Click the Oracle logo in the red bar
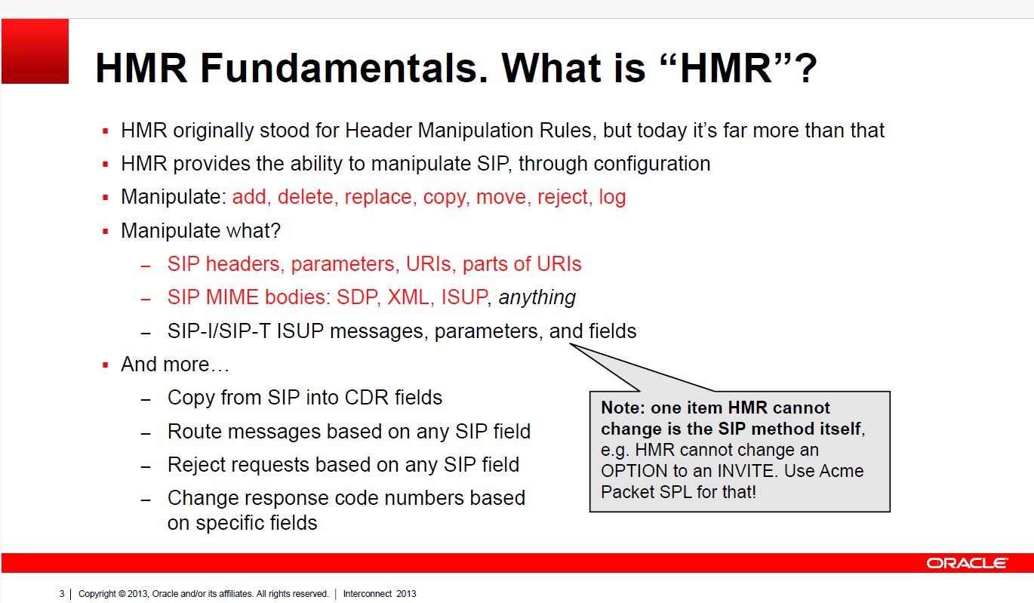[967, 563]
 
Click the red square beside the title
[35, 51]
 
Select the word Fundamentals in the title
[343, 68]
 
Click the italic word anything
[537, 297]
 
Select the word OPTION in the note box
[634, 471]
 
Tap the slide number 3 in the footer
[61, 594]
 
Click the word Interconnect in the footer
[368, 594]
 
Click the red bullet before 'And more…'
[105, 365]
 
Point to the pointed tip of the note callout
[570, 344]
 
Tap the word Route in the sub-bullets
[194, 431]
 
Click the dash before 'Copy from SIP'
[146, 400]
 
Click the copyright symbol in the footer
[122, 594]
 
